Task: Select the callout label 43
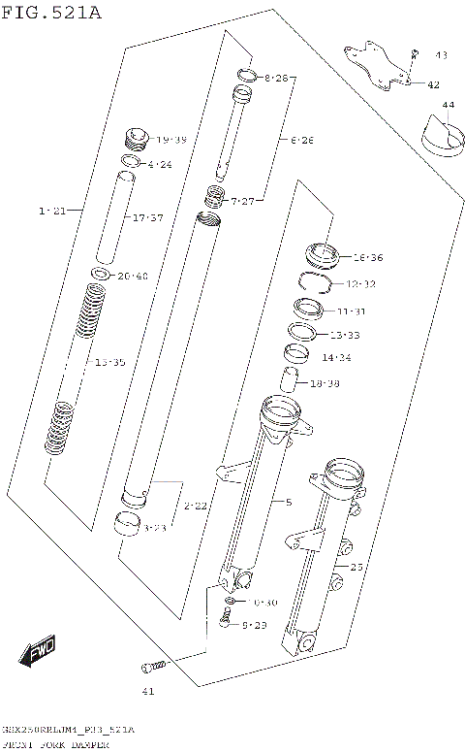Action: click(441, 55)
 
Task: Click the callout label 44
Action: click(447, 104)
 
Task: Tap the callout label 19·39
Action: click(171, 140)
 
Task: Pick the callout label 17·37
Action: click(147, 218)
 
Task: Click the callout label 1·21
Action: click(52, 211)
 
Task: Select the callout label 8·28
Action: click(275, 77)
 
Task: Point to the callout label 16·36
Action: click(368, 258)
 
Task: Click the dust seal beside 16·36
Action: click(321, 254)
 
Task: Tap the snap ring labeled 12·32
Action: click(316, 282)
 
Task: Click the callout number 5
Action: click(288, 502)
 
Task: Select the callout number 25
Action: click(356, 566)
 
